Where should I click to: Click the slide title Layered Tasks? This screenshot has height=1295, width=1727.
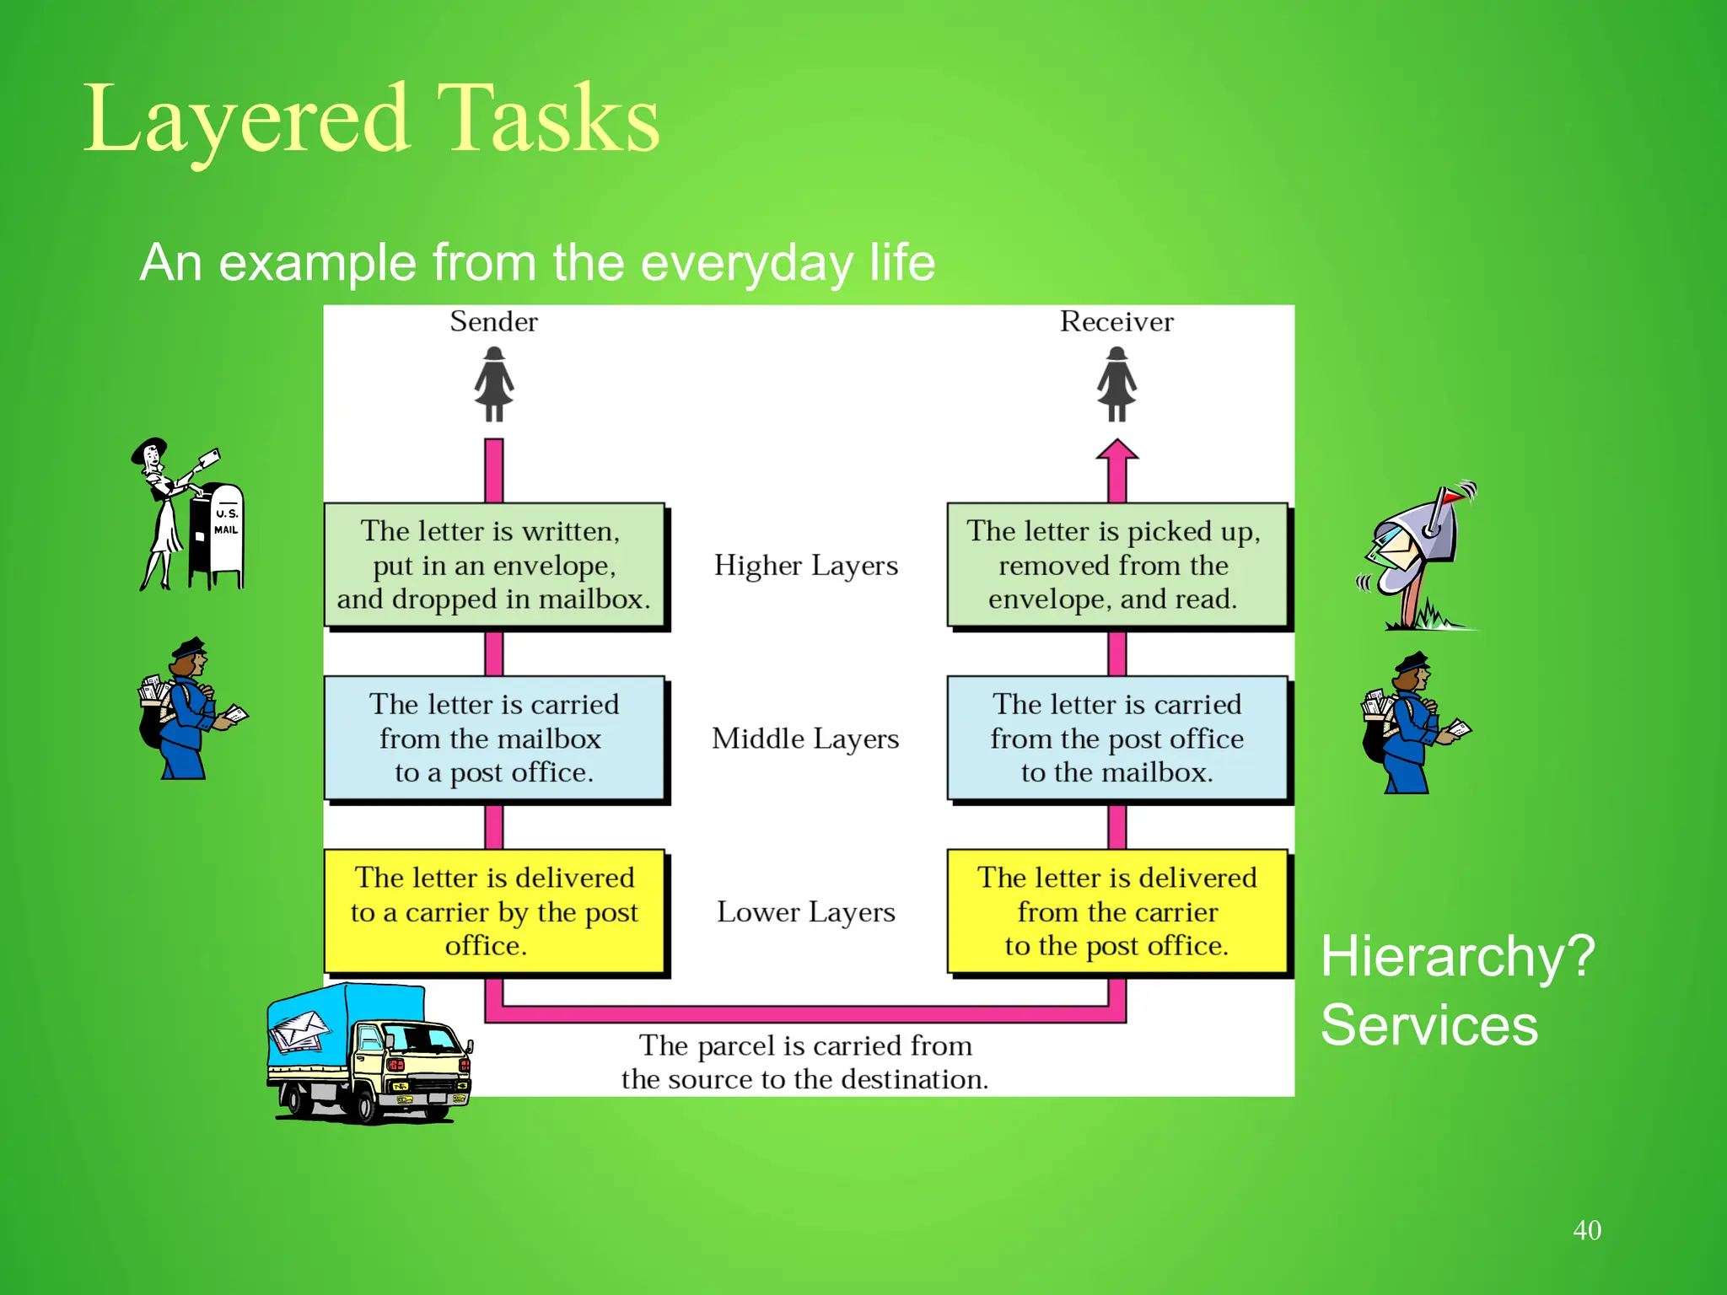coord(371,120)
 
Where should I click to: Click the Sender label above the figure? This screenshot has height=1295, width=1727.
coord(493,321)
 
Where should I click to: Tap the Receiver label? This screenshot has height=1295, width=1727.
coord(1116,321)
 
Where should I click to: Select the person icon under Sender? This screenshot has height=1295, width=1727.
coord(494,384)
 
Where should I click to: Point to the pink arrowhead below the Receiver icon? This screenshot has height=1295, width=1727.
coord(1117,450)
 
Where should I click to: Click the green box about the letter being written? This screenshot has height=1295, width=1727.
coord(495,565)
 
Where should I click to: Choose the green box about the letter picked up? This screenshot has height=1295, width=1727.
coord(1116,565)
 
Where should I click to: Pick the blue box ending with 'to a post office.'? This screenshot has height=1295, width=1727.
coord(495,738)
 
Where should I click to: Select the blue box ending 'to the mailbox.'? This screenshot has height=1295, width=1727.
coord(1116,738)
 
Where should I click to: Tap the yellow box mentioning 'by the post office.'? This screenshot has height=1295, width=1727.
coord(495,911)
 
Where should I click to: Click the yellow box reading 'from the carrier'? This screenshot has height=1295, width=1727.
coord(1116,911)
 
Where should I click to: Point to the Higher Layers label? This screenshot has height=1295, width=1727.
coord(806,565)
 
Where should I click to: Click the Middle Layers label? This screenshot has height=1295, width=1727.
coord(806,739)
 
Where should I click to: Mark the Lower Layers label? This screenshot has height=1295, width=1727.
coord(806,912)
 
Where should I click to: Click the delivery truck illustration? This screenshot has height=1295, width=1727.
coord(369,1054)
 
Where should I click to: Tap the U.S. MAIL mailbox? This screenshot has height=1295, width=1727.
coord(218,535)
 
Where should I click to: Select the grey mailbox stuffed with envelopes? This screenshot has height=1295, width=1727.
coord(1417,544)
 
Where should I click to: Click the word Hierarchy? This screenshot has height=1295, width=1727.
coord(1457,957)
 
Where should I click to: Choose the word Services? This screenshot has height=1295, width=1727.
coord(1429,1025)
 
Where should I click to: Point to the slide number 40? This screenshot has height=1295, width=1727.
coord(1586,1230)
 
